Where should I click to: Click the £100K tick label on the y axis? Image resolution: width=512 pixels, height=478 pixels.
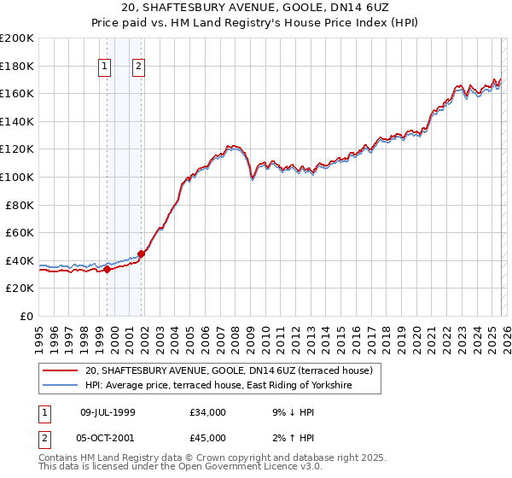(17, 177)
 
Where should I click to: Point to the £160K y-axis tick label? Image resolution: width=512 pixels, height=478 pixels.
(17, 93)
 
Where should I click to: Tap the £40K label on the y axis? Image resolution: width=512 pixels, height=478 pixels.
(20, 260)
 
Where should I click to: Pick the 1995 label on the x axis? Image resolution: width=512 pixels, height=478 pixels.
(39, 333)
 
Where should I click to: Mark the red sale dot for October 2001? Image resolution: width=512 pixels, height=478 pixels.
(142, 254)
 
